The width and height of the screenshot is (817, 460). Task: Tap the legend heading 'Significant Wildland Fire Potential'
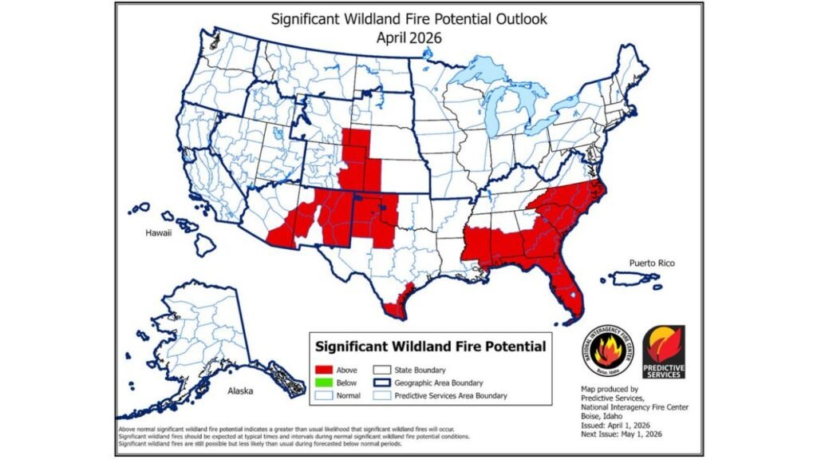coord(431,347)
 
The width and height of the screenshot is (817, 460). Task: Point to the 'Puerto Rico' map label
coord(653,262)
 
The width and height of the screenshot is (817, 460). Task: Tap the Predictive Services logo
coord(663,351)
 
